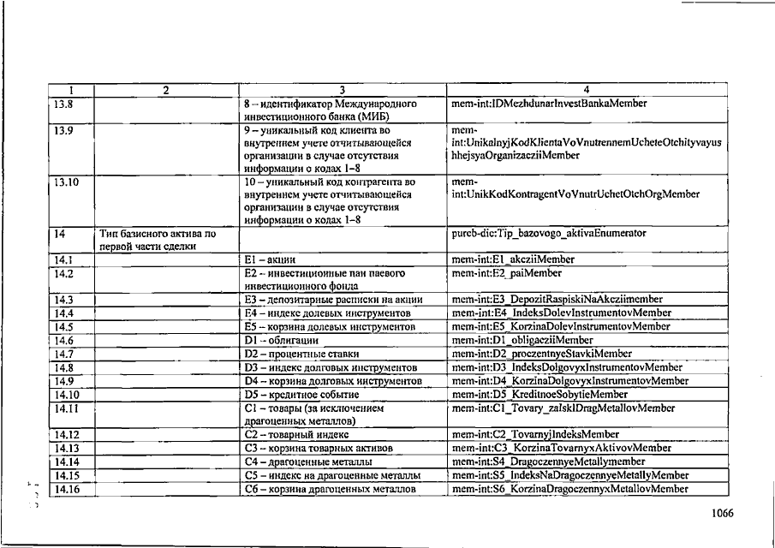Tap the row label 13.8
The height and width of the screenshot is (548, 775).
(63, 104)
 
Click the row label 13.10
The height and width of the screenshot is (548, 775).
(66, 182)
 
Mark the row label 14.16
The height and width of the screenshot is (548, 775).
(66, 489)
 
